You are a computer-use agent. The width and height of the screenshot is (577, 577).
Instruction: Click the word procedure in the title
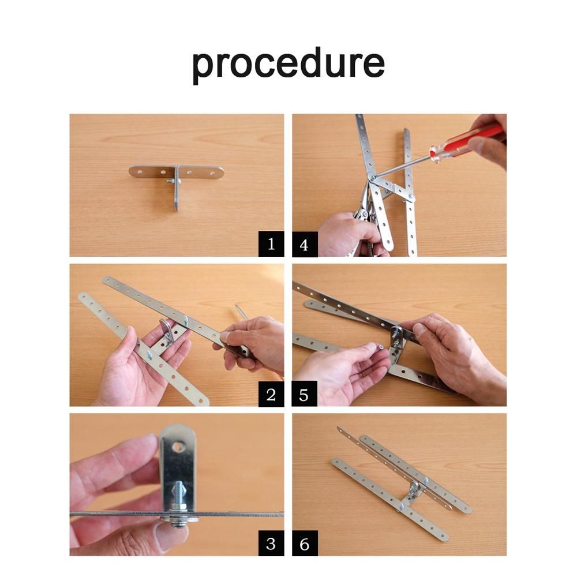click(x=288, y=65)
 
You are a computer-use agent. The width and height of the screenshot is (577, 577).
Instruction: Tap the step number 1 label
click(x=271, y=243)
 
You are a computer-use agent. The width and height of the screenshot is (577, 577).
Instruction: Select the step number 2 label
click(x=271, y=394)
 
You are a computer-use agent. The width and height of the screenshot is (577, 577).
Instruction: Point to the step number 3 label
click(x=271, y=543)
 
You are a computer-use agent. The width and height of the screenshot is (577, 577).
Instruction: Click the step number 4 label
click(x=305, y=244)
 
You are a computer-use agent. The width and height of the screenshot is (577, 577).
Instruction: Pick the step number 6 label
click(x=305, y=543)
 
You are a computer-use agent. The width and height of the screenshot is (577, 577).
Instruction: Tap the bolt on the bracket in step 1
click(x=171, y=181)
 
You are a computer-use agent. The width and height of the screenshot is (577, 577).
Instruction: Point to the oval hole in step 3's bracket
click(x=178, y=447)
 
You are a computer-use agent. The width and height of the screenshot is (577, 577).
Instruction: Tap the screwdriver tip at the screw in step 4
click(x=372, y=178)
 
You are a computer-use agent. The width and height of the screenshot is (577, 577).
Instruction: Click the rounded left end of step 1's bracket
click(x=133, y=171)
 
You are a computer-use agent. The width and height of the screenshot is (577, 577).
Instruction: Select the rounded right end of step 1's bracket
click(x=219, y=173)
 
